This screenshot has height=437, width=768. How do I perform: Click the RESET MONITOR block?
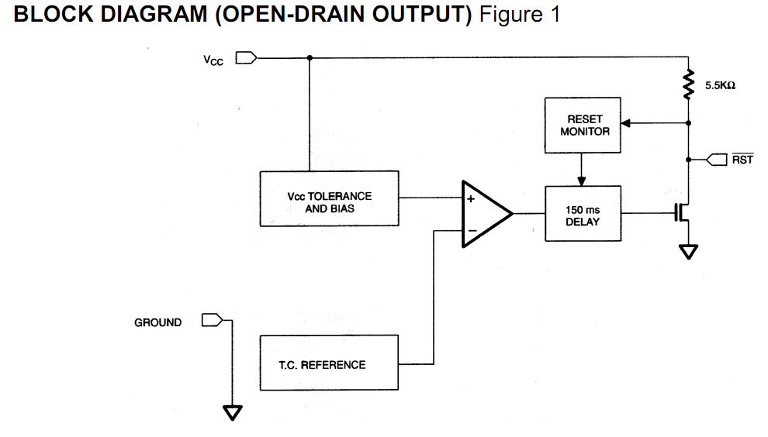click(x=583, y=126)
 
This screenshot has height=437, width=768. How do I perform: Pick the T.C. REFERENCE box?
click(x=329, y=363)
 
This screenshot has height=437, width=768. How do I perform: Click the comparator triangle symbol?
click(x=485, y=214)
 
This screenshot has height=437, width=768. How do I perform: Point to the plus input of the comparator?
click(x=471, y=198)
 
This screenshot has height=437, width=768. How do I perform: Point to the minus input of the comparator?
click(x=471, y=230)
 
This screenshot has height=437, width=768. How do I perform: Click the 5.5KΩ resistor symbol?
click(x=687, y=85)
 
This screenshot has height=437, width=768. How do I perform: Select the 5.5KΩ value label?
click(x=720, y=86)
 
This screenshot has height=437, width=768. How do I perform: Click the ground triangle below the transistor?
click(x=687, y=252)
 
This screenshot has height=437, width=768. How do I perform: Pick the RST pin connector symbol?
click(x=716, y=160)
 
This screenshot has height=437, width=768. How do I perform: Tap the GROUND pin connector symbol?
click(x=212, y=320)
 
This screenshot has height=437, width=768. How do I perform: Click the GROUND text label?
click(x=158, y=322)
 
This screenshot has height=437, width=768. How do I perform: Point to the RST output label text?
click(x=742, y=160)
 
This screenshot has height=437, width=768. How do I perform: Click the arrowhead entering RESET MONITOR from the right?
click(x=627, y=122)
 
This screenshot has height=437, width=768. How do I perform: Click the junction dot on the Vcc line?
click(x=310, y=57)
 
